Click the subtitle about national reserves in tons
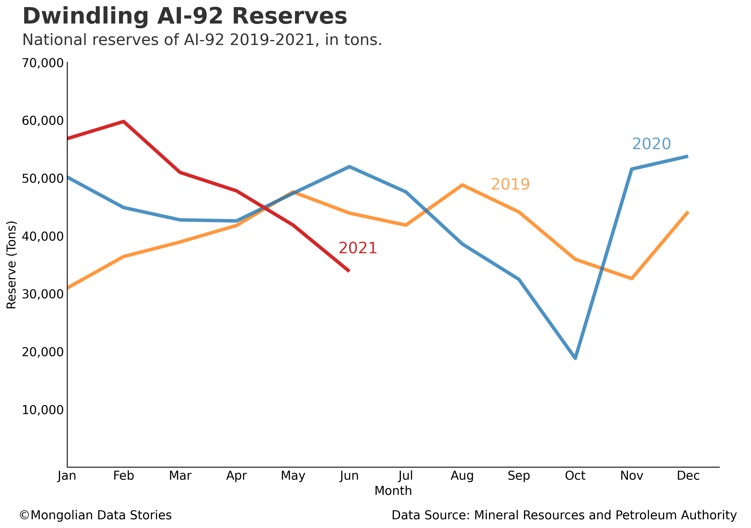[x=202, y=40]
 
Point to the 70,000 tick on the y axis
[x=42, y=63]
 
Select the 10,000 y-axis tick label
[x=42, y=409]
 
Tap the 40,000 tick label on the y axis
[x=42, y=236]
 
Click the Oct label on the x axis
[x=575, y=476]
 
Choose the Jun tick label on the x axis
[x=349, y=476]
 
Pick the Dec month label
[x=688, y=476]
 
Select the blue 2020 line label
[x=651, y=144]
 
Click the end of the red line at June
[x=349, y=271]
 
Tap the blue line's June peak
[x=349, y=167]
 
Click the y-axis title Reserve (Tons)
[x=11, y=265]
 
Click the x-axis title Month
[x=393, y=491]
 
